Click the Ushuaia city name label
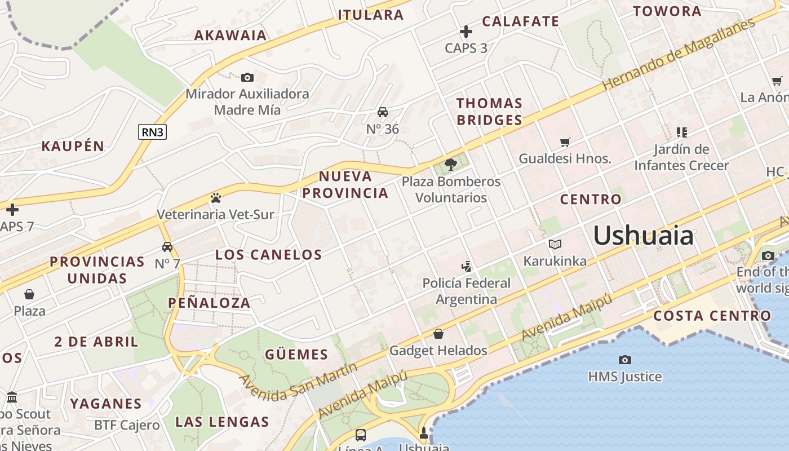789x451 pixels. tap(643, 235)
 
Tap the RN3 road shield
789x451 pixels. tap(153, 132)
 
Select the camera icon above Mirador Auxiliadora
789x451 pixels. tap(247, 78)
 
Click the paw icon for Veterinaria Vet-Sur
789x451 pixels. tap(215, 198)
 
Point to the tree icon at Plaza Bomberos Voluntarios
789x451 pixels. tap(450, 165)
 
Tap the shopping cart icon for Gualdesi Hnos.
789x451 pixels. tap(565, 142)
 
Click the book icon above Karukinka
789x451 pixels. tap(555, 245)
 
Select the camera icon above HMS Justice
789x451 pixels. tap(624, 360)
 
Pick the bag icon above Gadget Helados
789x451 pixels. tap(438, 334)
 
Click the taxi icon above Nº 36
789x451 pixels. tap(383, 112)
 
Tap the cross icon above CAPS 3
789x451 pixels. tap(466, 32)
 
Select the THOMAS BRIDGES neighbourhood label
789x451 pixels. tap(489, 112)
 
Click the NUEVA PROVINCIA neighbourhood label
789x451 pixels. tap(345, 184)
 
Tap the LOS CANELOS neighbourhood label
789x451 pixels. tap(269, 255)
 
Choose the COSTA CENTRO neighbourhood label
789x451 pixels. tap(712, 316)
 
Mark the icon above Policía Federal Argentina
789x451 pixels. tap(466, 266)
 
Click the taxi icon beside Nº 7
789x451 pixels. tap(167, 247)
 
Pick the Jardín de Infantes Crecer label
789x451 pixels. tap(681, 157)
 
